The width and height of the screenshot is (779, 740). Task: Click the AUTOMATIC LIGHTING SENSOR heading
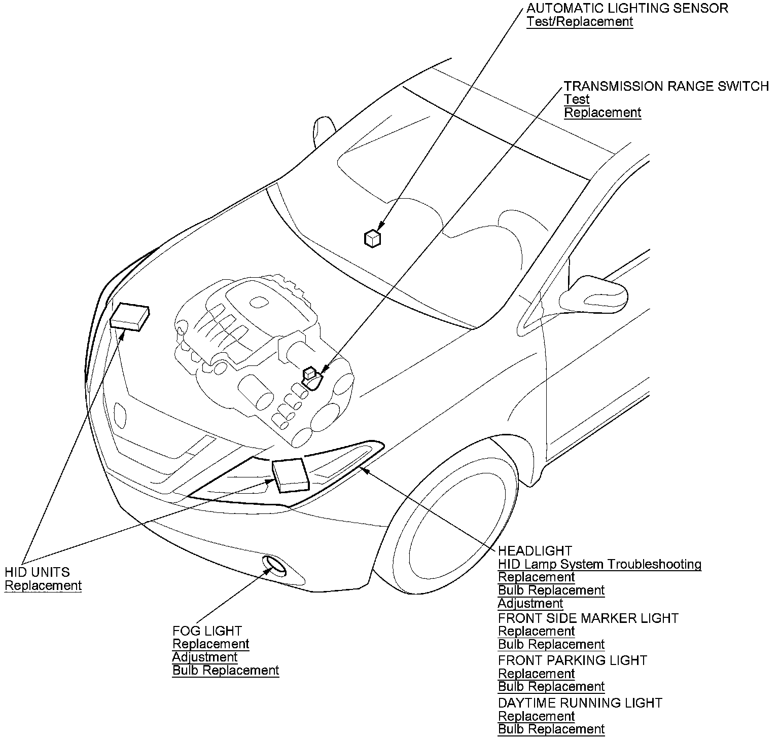pyautogui.click(x=627, y=8)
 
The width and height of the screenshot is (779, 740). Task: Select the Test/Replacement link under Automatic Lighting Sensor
pyautogui.click(x=580, y=22)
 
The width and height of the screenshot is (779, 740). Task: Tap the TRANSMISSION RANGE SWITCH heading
pyautogui.click(x=666, y=86)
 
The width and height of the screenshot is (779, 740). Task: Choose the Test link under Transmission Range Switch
pyautogui.click(x=577, y=99)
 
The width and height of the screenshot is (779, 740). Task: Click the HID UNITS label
pyautogui.click(x=37, y=572)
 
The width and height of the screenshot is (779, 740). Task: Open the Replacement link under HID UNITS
pyautogui.click(x=43, y=586)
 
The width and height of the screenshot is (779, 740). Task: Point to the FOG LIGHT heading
pyautogui.click(x=207, y=631)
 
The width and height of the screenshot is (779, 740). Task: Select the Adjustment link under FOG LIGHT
pyautogui.click(x=205, y=657)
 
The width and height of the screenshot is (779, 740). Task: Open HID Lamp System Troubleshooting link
pyautogui.click(x=599, y=564)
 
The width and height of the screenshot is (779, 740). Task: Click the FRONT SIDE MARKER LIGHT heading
pyautogui.click(x=588, y=618)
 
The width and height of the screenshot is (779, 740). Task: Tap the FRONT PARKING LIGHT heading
pyautogui.click(x=573, y=660)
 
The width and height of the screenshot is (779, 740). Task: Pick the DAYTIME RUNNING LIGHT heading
pyautogui.click(x=580, y=703)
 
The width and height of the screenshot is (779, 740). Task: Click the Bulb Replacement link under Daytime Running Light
pyautogui.click(x=551, y=729)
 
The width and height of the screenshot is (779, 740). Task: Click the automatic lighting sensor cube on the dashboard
pyautogui.click(x=373, y=238)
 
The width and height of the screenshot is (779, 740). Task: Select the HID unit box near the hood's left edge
pyautogui.click(x=129, y=317)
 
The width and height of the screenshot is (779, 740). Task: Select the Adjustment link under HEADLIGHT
pyautogui.click(x=530, y=604)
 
